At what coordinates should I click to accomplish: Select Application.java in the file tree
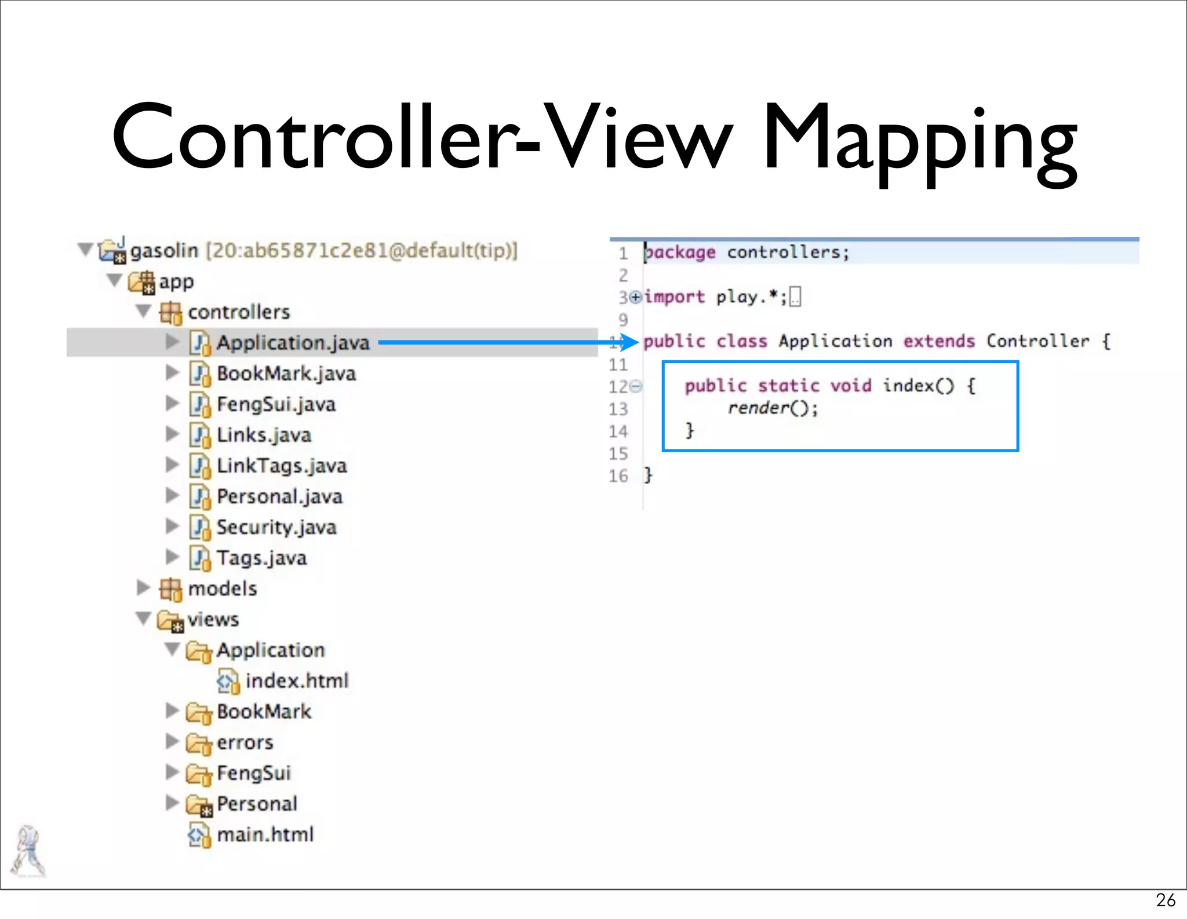293,343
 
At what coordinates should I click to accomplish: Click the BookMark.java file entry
286,374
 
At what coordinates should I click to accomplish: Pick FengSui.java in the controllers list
276,404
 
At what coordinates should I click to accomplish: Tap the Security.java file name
276,527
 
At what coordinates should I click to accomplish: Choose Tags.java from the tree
261,558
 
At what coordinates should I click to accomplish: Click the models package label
223,589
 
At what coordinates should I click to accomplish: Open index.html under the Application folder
297,680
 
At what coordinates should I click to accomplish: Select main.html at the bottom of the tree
265,834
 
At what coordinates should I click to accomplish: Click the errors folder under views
245,742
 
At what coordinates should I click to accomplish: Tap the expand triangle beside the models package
143,588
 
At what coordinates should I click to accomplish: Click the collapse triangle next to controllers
143,312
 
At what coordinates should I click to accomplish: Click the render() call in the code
773,408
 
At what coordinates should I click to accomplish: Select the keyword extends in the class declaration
939,341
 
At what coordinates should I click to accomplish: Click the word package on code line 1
680,252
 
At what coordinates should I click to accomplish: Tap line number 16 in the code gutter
618,476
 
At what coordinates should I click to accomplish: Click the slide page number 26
1166,900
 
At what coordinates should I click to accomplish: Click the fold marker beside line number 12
636,386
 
